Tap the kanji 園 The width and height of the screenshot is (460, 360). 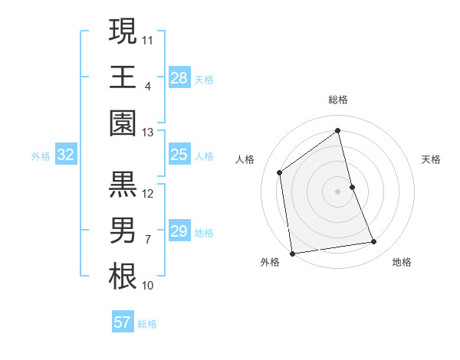[x=123, y=123]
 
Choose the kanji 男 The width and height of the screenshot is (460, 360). [x=123, y=231]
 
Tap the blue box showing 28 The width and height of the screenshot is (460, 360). [x=179, y=77]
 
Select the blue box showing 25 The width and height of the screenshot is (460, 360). [x=179, y=155]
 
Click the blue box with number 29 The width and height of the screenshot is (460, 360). [x=179, y=231]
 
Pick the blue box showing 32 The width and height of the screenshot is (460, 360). [x=65, y=155]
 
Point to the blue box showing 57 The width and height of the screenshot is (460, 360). [x=122, y=322]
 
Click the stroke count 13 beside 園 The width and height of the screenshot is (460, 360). [x=147, y=133]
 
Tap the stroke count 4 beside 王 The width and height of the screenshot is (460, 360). [x=147, y=86]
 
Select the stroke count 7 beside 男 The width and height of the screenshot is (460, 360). [x=147, y=240]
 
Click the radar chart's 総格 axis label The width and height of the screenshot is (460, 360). [x=337, y=100]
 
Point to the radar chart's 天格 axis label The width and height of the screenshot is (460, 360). [x=431, y=159]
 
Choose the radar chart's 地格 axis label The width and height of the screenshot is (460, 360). [x=402, y=262]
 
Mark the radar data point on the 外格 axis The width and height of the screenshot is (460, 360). [x=292, y=253]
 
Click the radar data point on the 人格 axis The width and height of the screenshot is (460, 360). [x=280, y=172]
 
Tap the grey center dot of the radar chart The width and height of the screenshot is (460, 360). [x=337, y=191]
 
